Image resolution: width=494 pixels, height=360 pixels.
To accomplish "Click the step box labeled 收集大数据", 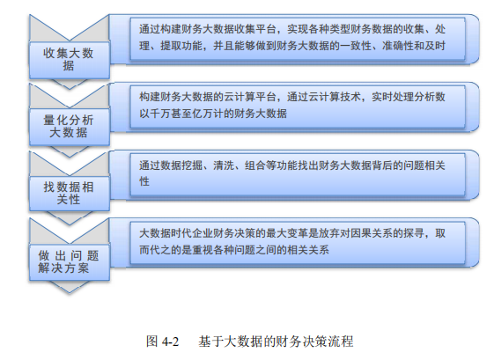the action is pyautogui.click(x=70, y=60).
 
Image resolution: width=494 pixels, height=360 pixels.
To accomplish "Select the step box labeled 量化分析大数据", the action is pyautogui.click(x=70, y=127).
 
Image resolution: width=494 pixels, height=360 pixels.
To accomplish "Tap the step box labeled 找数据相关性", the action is pyautogui.click(x=70, y=193).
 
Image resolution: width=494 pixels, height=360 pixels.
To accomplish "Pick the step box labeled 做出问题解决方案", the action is pyautogui.click(x=70, y=262).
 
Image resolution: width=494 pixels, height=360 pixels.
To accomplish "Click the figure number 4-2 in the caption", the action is pyautogui.click(x=170, y=342).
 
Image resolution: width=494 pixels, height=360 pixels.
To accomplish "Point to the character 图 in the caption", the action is pyautogui.click(x=151, y=342).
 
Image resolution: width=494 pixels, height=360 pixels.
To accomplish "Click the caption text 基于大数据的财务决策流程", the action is pyautogui.click(x=276, y=342).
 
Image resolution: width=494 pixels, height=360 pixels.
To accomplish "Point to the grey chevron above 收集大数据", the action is pyautogui.click(x=70, y=27).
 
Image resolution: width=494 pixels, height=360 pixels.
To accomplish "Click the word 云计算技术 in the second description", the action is pyautogui.click(x=335, y=97).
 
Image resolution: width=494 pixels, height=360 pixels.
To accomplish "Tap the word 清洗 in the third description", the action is pyautogui.click(x=224, y=165).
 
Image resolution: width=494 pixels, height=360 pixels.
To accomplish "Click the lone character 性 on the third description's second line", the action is pyautogui.click(x=144, y=181).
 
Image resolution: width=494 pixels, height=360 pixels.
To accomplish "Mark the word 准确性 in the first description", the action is pyautogui.click(x=398, y=46).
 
